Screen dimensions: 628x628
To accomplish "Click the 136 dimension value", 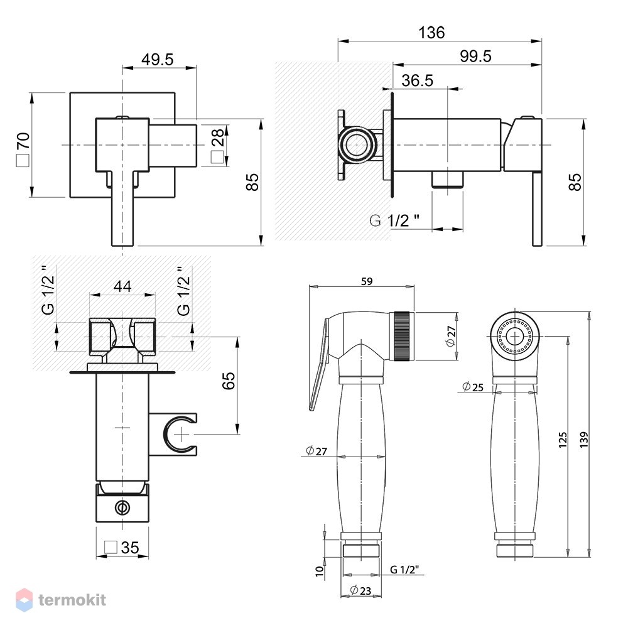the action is pos(431,33).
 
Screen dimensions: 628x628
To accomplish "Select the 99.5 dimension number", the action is pos(475,56).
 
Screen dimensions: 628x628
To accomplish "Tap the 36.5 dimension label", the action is pos(418,80).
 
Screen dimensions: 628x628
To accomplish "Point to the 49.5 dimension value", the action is pos(158,60).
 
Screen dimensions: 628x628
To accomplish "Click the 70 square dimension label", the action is pos(23,149).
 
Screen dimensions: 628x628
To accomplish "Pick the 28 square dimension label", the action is pos(218,146).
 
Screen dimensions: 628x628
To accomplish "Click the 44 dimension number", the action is pos(122,286).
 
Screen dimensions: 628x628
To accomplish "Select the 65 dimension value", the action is pos(229,381).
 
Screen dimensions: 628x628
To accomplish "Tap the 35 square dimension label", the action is pos(122,548).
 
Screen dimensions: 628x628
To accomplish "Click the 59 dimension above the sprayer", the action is pos(367,281).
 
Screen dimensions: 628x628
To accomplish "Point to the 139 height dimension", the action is pos(583,440).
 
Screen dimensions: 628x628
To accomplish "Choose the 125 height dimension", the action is pos(563,440).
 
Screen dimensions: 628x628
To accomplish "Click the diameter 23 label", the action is pos(360,590).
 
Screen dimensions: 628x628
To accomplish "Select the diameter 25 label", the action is pos(473,387).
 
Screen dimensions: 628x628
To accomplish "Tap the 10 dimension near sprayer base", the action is pos(319,571).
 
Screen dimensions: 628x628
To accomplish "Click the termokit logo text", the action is pos(72,600).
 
